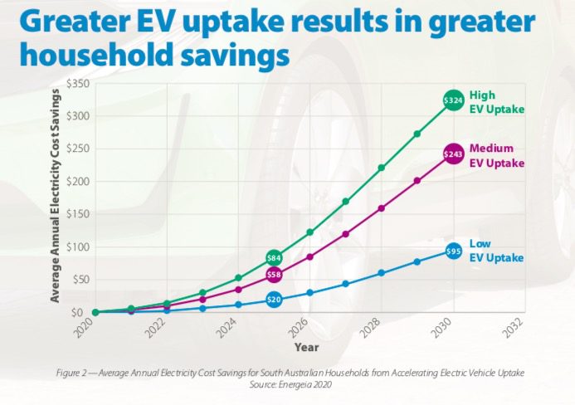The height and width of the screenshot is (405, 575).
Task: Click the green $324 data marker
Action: pos(453,100)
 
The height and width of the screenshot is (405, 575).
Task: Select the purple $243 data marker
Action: pos(453,154)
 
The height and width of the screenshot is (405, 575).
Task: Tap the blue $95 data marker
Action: pos(453,250)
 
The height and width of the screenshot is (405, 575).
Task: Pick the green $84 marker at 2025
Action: pos(274,257)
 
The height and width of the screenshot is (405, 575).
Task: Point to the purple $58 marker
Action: pos(274,274)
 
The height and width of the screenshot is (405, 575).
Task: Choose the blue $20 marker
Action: pos(274,299)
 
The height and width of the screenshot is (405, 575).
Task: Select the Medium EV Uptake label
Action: pos(496,155)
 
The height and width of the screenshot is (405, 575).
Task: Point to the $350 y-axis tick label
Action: pos(76,84)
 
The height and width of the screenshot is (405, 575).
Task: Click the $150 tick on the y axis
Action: pos(76,214)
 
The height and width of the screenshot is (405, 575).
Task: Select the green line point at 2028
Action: pos(381,168)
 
